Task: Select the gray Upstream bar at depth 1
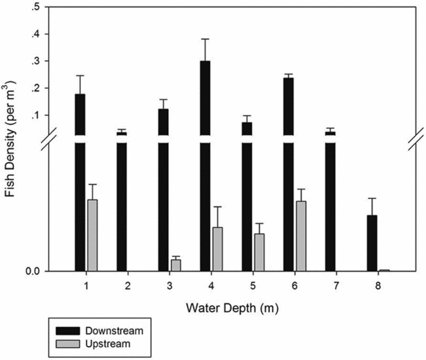click(92, 235)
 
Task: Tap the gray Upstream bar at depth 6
click(300, 236)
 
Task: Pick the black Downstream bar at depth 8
click(372, 243)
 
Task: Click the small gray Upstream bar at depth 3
click(175, 265)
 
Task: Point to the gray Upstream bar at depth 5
click(259, 252)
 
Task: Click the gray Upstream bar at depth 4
click(217, 249)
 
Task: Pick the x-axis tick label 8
click(378, 285)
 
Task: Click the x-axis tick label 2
click(128, 285)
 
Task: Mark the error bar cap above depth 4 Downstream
click(205, 39)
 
